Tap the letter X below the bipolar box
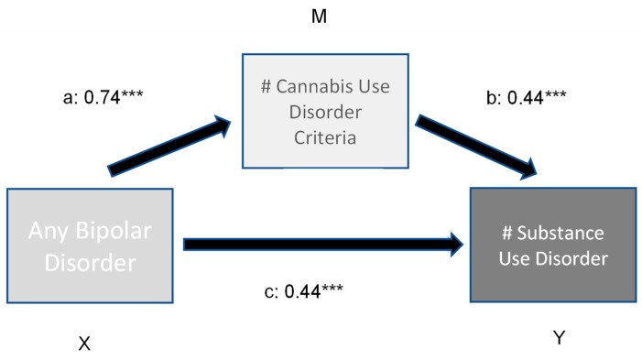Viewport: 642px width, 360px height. click(83, 344)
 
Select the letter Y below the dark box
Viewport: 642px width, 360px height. click(559, 338)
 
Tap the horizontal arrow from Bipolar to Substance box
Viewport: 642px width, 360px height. click(321, 244)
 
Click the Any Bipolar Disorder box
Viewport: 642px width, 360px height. click(90, 246)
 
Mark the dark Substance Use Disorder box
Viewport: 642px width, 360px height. click(551, 246)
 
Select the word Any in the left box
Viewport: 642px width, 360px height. click(50, 233)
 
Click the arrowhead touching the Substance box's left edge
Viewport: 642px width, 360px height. click(454, 244)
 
